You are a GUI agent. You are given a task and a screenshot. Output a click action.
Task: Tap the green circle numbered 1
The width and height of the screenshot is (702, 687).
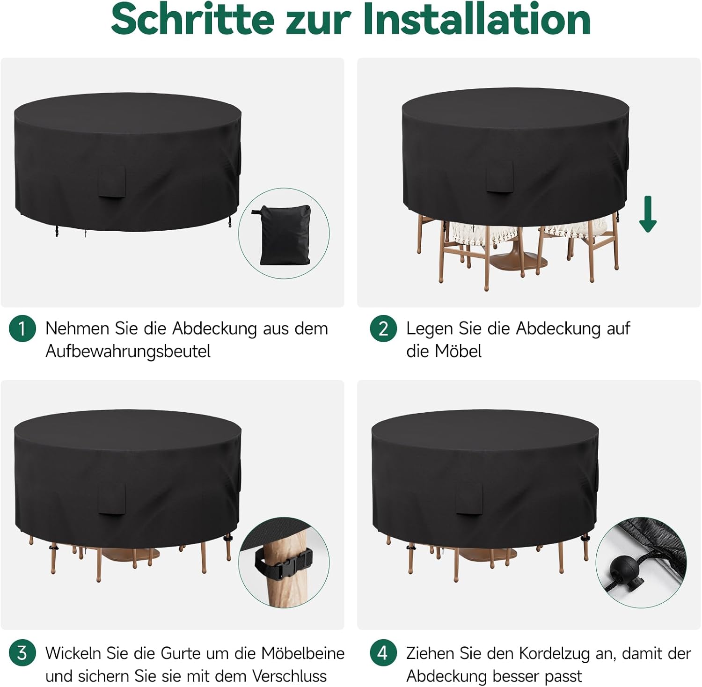pyautogui.click(x=22, y=329)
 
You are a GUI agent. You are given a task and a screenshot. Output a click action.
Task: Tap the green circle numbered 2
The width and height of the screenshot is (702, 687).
pyautogui.click(x=383, y=329)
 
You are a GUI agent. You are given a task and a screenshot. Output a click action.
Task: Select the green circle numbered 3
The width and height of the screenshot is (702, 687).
pyautogui.click(x=22, y=653)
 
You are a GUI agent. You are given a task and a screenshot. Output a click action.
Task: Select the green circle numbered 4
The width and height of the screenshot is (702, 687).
pyautogui.click(x=383, y=653)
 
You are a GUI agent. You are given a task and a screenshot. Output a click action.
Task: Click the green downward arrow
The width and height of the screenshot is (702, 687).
pyautogui.click(x=648, y=214)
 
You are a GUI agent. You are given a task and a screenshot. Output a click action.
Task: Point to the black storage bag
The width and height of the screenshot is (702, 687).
pyautogui.click(x=284, y=234)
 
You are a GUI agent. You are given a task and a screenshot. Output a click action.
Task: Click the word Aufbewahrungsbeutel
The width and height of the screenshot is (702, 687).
pyautogui.click(x=128, y=351)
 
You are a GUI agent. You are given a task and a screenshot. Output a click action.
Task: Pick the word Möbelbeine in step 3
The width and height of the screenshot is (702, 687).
pyautogui.click(x=303, y=653)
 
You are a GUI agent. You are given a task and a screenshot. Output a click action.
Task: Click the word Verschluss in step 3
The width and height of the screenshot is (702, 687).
pyautogui.click(x=289, y=676)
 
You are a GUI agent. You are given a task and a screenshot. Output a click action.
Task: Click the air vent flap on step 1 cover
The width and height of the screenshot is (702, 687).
pyautogui.click(x=111, y=181)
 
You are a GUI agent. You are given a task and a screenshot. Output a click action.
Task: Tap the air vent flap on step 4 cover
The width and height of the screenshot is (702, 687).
pyautogui.click(x=469, y=499)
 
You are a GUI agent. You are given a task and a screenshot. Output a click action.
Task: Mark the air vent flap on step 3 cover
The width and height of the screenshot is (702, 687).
pyautogui.click(x=111, y=499)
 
